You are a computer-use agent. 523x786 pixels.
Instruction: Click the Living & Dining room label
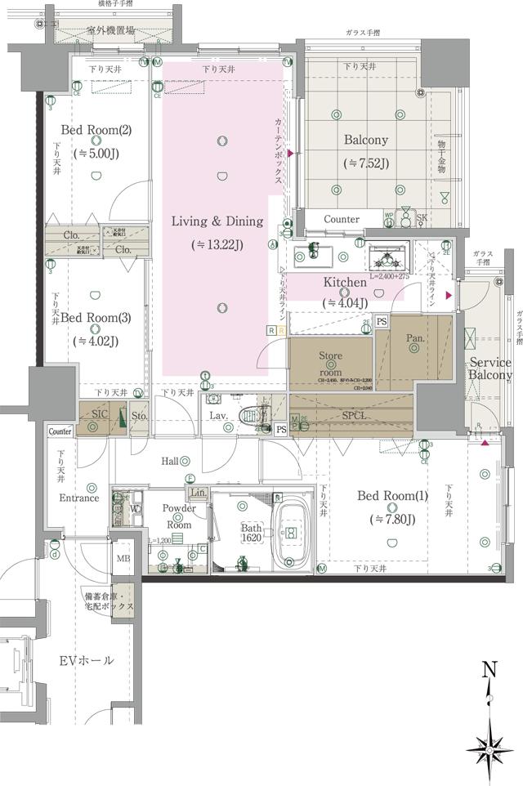coord(217,221)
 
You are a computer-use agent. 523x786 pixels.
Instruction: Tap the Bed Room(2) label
coord(96,130)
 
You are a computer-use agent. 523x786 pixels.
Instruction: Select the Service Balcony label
coord(489,369)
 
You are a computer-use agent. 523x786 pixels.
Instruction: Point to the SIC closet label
coord(100,414)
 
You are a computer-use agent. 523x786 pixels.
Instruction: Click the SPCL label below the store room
coord(353,415)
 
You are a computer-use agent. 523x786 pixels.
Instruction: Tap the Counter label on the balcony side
coord(341,219)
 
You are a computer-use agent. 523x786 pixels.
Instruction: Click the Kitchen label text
coord(345,283)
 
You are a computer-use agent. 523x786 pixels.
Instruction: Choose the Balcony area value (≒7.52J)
coord(365,163)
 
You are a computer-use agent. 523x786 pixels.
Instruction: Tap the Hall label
coord(170,462)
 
